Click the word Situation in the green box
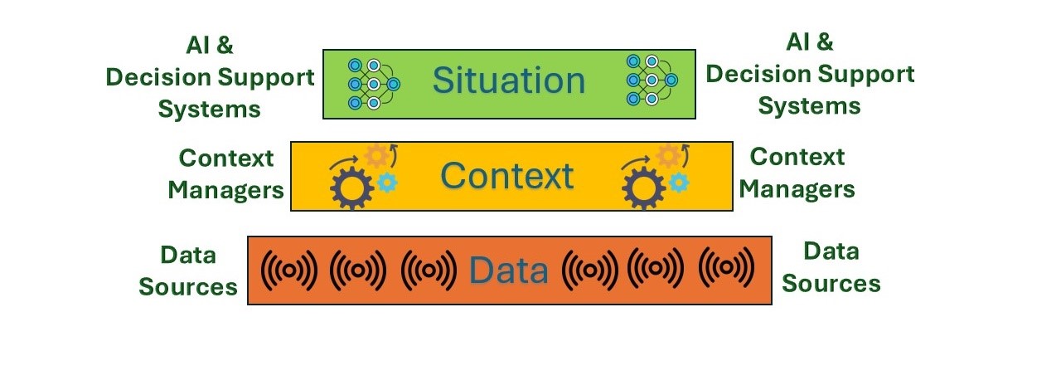509,80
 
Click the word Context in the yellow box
507,176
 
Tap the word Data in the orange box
509,271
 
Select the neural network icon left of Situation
374,84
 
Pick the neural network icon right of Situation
652,80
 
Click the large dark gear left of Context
351,188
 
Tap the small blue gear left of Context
387,183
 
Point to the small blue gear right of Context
679,183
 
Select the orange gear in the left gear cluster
377,156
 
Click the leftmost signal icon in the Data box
289,271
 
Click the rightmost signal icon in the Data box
727,267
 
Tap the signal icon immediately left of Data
429,271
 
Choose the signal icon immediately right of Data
589,271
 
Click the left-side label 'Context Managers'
226,174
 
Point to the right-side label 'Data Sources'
831,267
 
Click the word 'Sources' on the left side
188,286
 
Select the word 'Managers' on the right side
797,189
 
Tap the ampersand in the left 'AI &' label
225,46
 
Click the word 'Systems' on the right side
810,106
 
